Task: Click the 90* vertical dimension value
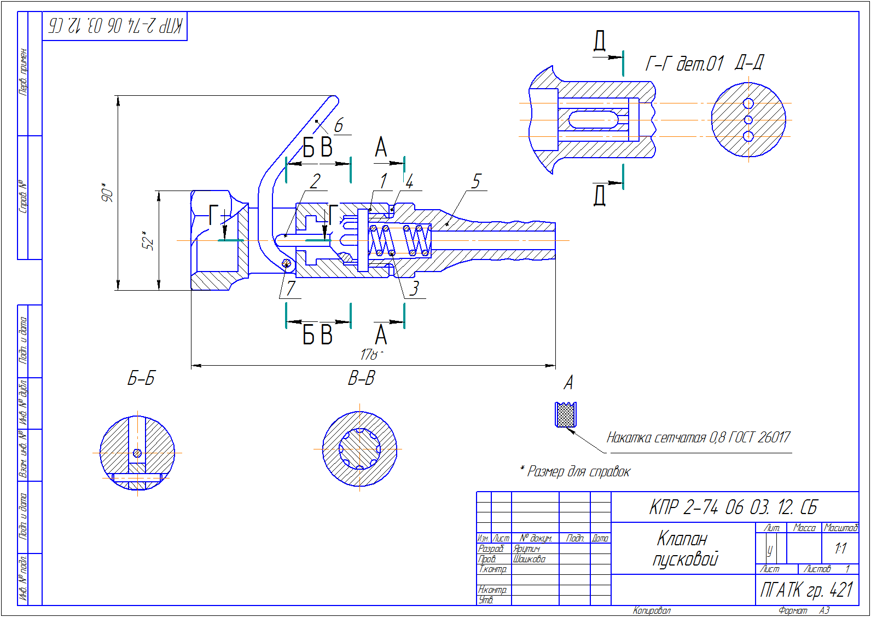tap(107, 193)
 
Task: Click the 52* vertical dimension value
tap(148, 240)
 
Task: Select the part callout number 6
tap(339, 125)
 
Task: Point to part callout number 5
tap(476, 181)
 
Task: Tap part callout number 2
tap(315, 181)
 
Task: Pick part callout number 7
tap(291, 288)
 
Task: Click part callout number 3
tap(415, 289)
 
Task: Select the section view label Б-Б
tap(141, 378)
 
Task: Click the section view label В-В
tap(362, 378)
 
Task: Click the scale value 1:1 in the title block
tap(840, 548)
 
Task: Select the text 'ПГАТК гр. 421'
tap(806, 590)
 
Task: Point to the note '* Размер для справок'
tap(575, 471)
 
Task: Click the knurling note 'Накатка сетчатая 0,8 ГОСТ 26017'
tap(698, 437)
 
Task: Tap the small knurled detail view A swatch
tap(566, 415)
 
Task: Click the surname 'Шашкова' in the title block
tap(529, 559)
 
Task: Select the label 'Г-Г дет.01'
tap(684, 64)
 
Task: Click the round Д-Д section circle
tap(748, 120)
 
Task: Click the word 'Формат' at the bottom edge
tap(793, 610)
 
